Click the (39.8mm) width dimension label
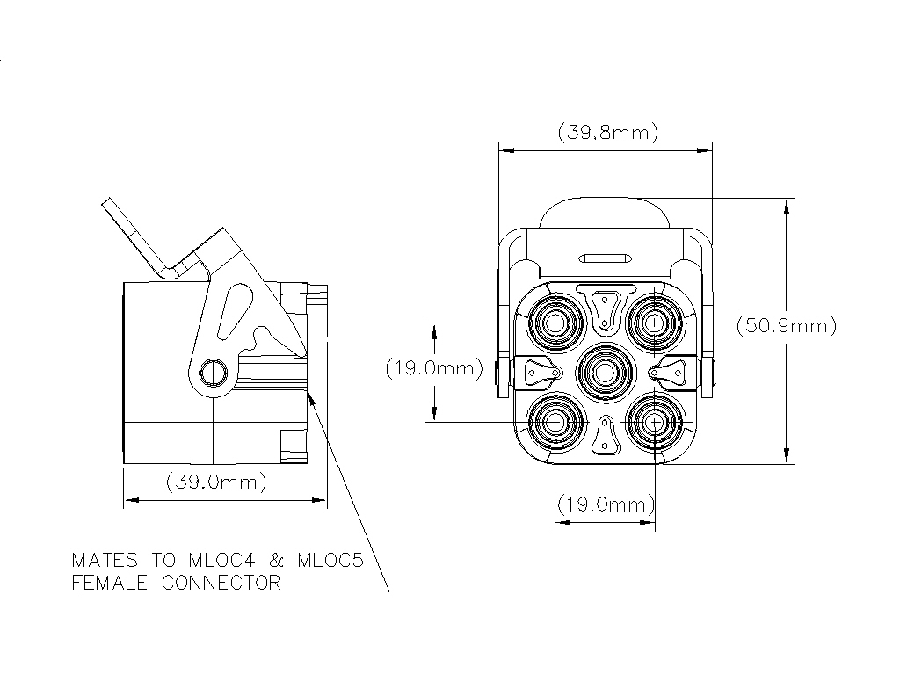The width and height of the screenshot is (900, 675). [x=607, y=133]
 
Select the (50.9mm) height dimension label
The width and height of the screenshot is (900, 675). [x=785, y=325]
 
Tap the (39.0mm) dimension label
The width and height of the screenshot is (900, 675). [x=216, y=482]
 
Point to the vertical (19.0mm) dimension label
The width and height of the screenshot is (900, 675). [x=434, y=368]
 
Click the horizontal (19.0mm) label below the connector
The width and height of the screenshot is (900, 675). [x=606, y=505]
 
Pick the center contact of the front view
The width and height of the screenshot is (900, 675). [x=605, y=373]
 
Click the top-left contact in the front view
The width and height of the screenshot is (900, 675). [x=555, y=323]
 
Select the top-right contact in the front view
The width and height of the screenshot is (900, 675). [x=655, y=323]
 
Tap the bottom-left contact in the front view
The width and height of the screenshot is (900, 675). [x=555, y=423]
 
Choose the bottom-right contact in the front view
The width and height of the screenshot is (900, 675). [x=655, y=423]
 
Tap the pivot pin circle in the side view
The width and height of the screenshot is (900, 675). [x=213, y=373]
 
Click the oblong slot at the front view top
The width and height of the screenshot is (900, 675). [x=605, y=258]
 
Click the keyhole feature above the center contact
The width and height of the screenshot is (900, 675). [x=605, y=308]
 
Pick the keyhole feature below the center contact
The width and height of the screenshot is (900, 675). [x=605, y=436]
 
